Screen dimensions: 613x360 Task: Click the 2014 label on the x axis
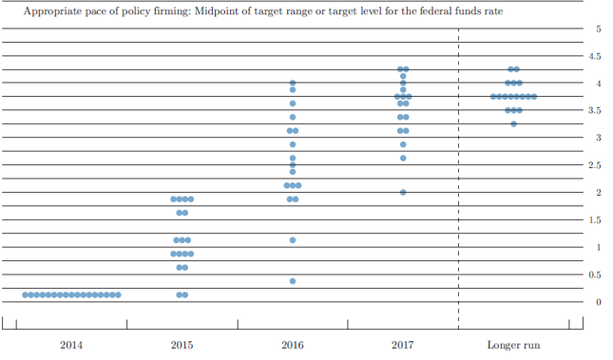(x=71, y=345)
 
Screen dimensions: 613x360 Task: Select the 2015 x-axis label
(x=182, y=345)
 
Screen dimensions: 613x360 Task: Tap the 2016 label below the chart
(x=293, y=345)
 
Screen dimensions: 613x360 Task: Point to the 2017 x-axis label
(x=403, y=345)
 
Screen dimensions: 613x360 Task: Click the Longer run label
(x=514, y=345)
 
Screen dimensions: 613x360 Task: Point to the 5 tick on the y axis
(x=599, y=28)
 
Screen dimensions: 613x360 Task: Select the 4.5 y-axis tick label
(x=595, y=56)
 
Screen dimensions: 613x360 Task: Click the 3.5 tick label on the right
(x=595, y=110)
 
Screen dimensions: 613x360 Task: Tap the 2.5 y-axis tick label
(x=595, y=165)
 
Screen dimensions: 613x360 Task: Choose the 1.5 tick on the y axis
(x=595, y=220)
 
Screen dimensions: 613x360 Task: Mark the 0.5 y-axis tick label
(x=595, y=275)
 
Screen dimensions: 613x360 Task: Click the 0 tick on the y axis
(x=599, y=302)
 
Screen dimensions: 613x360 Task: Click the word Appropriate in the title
(x=50, y=11)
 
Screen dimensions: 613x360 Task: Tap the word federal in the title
(x=434, y=10)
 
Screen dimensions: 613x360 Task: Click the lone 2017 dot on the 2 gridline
(x=403, y=192)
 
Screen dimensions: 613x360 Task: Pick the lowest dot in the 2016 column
(x=293, y=281)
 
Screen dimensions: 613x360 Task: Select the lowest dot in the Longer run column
(x=514, y=123)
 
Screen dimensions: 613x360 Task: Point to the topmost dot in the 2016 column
(x=293, y=83)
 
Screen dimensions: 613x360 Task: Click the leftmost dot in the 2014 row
(x=25, y=294)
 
